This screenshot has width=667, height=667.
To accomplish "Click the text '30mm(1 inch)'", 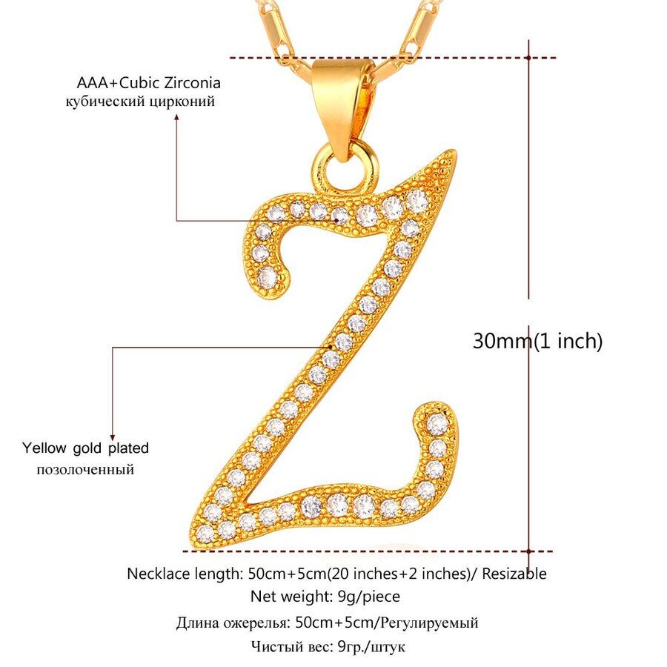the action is point(538,341).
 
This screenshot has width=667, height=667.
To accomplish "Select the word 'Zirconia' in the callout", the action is point(191,82).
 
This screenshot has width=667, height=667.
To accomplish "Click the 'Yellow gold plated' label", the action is point(85,448).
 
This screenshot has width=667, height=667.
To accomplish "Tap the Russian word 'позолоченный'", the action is point(85,469).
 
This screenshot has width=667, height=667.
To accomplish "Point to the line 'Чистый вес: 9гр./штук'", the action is point(328,646).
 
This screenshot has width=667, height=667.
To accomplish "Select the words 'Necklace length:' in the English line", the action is point(176,574).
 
